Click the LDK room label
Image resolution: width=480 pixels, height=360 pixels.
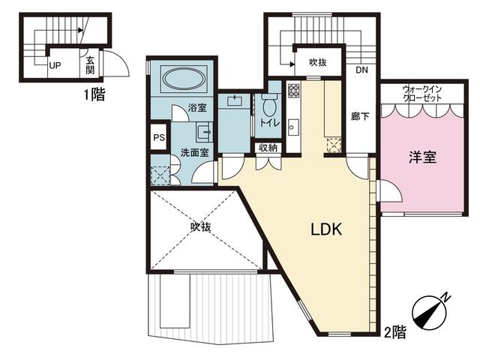point(326,229)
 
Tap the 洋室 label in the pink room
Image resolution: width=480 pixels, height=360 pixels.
point(422,157)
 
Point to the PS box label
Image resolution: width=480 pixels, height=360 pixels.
point(159,137)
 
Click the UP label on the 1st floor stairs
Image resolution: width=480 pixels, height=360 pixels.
point(55,65)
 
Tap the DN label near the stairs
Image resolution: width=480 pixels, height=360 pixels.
point(361,70)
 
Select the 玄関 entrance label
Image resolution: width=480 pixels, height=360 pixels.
point(90,65)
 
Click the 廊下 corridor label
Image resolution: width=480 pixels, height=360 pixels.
point(360,116)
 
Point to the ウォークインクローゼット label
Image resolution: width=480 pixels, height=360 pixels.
point(422,94)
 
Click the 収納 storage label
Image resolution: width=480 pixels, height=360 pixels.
point(268,148)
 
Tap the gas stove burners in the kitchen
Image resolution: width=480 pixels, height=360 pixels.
point(293,91)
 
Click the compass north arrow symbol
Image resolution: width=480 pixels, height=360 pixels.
point(429,313)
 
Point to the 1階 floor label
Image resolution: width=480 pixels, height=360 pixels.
point(94,94)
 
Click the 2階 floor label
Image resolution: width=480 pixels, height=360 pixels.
point(395,332)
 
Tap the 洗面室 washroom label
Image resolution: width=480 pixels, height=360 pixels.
point(195,152)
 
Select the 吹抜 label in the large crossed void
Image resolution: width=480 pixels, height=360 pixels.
point(201,226)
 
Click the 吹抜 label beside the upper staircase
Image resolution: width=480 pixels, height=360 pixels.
point(318,62)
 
